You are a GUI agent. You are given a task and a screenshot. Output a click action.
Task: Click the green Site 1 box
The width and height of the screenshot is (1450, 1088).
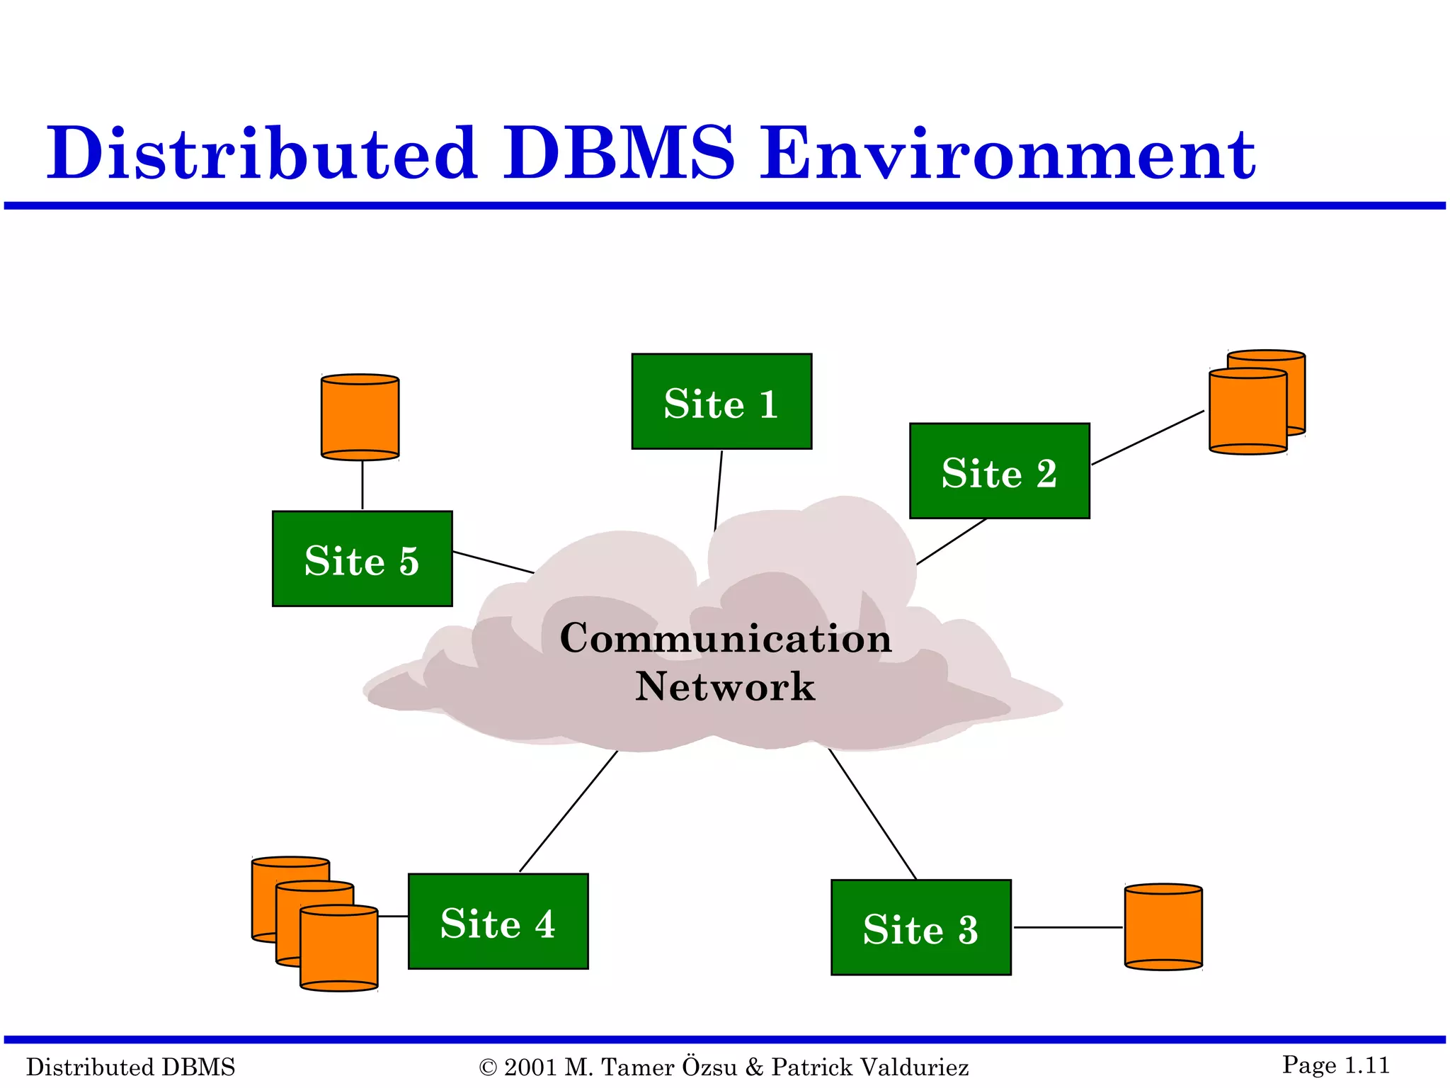coord(721,402)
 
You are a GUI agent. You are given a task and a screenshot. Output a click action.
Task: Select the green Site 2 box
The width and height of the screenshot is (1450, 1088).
coord(999,471)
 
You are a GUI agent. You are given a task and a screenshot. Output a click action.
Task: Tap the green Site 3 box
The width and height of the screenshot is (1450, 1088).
coord(920,927)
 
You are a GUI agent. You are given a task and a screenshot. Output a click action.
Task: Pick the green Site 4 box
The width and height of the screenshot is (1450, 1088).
coord(498,921)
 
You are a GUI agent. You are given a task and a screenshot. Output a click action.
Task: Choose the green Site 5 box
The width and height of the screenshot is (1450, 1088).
coord(362,558)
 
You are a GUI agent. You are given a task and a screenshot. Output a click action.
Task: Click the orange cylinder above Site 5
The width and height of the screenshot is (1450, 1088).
coord(360,418)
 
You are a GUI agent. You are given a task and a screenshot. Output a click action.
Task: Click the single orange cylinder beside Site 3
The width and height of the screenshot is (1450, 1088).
coord(1163,926)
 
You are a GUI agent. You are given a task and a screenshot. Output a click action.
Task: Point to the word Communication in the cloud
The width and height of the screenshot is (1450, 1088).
coord(725,638)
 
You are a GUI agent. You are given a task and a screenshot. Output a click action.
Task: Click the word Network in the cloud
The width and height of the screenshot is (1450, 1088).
coord(725,686)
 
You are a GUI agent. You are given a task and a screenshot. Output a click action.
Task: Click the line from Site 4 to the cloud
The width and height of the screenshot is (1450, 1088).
coord(568,812)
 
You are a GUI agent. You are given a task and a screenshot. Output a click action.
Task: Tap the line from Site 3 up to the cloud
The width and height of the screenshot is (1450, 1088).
coord(872,813)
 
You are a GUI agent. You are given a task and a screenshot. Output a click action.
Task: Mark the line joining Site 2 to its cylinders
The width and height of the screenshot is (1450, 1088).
coord(1147,438)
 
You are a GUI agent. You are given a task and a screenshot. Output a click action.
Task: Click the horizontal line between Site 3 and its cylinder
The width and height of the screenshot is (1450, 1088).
coord(1068,927)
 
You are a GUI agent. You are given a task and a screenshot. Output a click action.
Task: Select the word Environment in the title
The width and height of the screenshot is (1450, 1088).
coord(1007,154)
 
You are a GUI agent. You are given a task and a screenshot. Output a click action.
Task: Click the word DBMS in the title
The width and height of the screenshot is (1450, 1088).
coord(619,154)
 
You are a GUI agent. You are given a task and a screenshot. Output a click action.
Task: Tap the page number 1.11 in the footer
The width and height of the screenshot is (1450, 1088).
coord(1366,1065)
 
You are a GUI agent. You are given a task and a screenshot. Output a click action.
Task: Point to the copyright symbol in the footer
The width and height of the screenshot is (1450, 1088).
coord(488,1067)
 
